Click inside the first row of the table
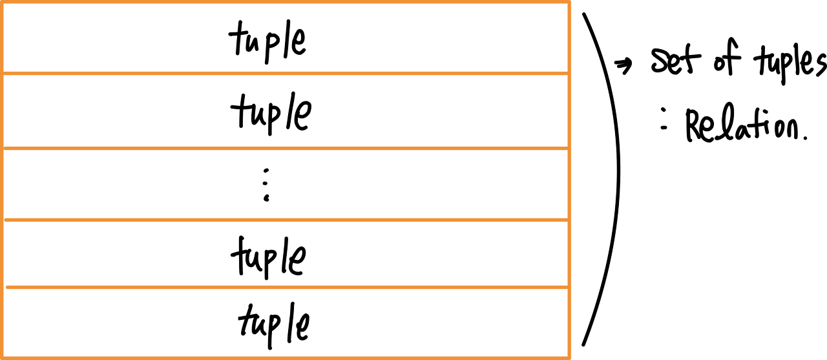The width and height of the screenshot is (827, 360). tap(285, 37)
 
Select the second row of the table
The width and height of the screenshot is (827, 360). tap(285, 111)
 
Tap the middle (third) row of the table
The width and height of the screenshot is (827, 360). tap(285, 184)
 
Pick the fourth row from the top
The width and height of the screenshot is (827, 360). tap(285, 253)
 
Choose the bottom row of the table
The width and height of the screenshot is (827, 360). tap(285, 322)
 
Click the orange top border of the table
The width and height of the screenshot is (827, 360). tap(285, 3)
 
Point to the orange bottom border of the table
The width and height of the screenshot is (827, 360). tap(285, 357)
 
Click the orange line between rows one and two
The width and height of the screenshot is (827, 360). tap(285, 73)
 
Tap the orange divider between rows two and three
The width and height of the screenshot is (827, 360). tap(285, 149)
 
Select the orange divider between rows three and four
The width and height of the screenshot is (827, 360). tap(285, 220)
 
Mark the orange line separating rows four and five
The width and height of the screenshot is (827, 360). tap(285, 287)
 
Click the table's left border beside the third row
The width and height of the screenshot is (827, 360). tap(3, 184)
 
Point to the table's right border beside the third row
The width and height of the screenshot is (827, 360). tap(569, 184)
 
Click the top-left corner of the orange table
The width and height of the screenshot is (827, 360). tap(3, 3)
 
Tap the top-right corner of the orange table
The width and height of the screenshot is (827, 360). tap(569, 3)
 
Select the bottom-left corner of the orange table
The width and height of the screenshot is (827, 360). tap(3, 357)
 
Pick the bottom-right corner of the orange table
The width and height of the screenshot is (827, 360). tap(569, 357)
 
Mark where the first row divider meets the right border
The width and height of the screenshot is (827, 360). tap(569, 73)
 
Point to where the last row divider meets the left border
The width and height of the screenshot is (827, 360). tap(3, 287)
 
